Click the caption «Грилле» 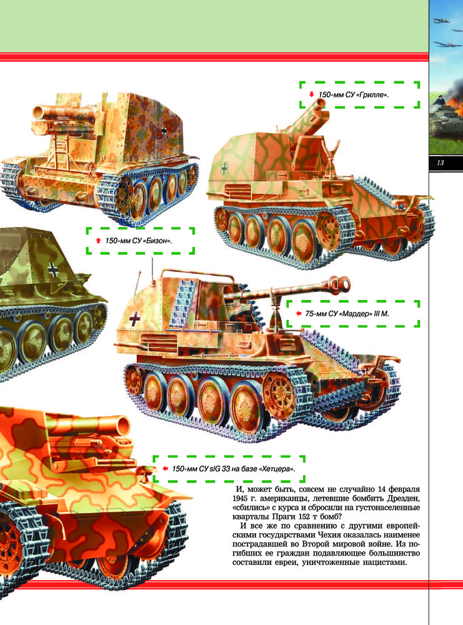(354, 95)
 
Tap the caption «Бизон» (139, 241)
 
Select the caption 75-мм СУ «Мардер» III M (347, 314)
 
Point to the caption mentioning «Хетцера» (234, 469)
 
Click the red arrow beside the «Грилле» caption (312, 94)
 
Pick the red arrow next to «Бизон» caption (99, 241)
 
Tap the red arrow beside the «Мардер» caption (299, 313)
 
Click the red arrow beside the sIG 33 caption (166, 468)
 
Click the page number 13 (441, 162)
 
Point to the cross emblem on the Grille (224, 168)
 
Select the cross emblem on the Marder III (135, 318)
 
